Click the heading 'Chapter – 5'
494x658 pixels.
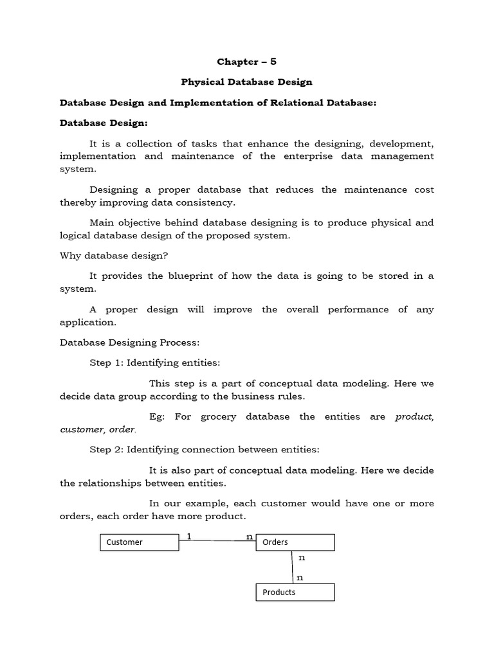coord(247,62)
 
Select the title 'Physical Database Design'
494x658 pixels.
coord(247,82)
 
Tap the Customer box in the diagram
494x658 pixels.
coord(139,542)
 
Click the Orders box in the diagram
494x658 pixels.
coord(296,542)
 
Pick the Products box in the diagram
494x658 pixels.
coord(296,592)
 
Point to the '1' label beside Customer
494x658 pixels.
coord(188,535)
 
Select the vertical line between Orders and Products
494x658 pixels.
coord(293,567)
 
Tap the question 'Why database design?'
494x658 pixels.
coord(114,256)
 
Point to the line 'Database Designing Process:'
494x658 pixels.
coord(130,342)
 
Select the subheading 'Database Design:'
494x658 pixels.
coord(104,123)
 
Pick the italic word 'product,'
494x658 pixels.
coord(414,416)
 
